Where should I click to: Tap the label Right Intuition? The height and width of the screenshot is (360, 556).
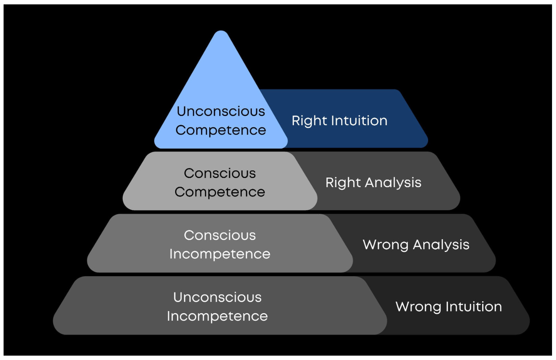pos(339,121)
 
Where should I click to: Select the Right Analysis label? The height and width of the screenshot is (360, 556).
pos(373,183)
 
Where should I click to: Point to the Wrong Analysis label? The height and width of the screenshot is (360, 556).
pos(416,245)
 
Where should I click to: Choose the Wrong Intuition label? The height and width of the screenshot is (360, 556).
pos(448,307)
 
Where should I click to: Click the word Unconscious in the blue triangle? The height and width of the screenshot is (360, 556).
pos(221,111)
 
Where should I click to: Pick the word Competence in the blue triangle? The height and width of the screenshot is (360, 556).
pos(221,130)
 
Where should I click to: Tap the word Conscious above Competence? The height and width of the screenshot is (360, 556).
pos(220,173)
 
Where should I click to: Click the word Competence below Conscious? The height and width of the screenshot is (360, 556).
pos(220,192)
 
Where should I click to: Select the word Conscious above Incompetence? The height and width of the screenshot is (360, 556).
pos(220,235)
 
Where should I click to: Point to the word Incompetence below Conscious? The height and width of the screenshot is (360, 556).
pos(220,254)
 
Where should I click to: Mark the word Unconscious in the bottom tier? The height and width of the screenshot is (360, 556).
pos(217,297)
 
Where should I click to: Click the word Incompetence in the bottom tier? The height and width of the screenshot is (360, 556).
pos(217,316)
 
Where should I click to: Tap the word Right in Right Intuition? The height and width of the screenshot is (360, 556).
pos(307,121)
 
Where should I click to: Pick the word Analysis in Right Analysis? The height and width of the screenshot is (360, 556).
pos(393,183)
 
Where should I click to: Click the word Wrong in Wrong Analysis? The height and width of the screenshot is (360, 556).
pos(385,245)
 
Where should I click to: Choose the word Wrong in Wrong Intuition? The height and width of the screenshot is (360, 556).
pos(418,307)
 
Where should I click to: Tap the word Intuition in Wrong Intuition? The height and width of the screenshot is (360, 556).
pos(473,307)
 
